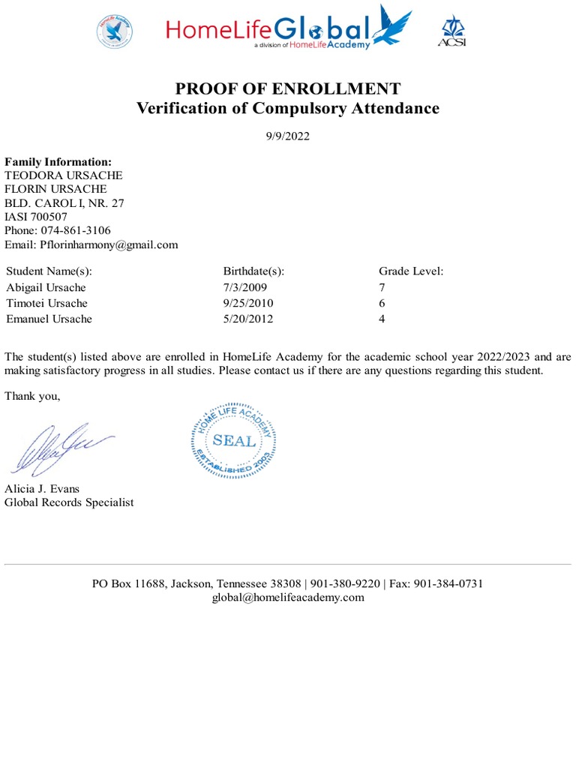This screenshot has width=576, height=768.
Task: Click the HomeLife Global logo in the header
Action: coord(289,29)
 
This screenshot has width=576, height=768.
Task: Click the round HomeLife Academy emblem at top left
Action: coord(114,31)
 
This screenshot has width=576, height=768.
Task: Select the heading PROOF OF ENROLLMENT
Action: coord(288,88)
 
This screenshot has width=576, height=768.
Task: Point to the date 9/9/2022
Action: coord(288,136)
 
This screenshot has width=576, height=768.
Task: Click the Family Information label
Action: coord(58,162)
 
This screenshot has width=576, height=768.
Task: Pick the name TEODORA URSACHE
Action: coord(64,175)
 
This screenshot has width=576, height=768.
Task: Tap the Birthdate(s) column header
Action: coord(253,271)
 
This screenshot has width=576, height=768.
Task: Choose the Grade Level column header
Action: coord(411,271)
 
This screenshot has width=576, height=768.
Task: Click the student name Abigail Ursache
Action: coord(46,287)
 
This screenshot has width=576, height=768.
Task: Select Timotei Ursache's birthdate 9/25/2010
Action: coord(248,303)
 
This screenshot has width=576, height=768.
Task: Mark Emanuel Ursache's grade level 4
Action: coord(382,319)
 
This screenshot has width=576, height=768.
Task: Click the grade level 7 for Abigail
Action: coord(382,287)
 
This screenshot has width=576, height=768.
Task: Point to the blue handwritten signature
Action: coord(60,448)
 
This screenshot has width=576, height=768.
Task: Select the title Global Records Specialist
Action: coord(69,502)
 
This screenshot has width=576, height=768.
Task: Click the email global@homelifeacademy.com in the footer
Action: coord(288,597)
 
